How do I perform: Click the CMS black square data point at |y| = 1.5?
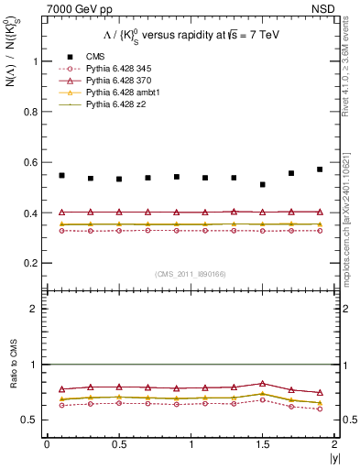point(263,185)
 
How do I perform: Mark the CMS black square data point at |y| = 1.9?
point(320,169)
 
